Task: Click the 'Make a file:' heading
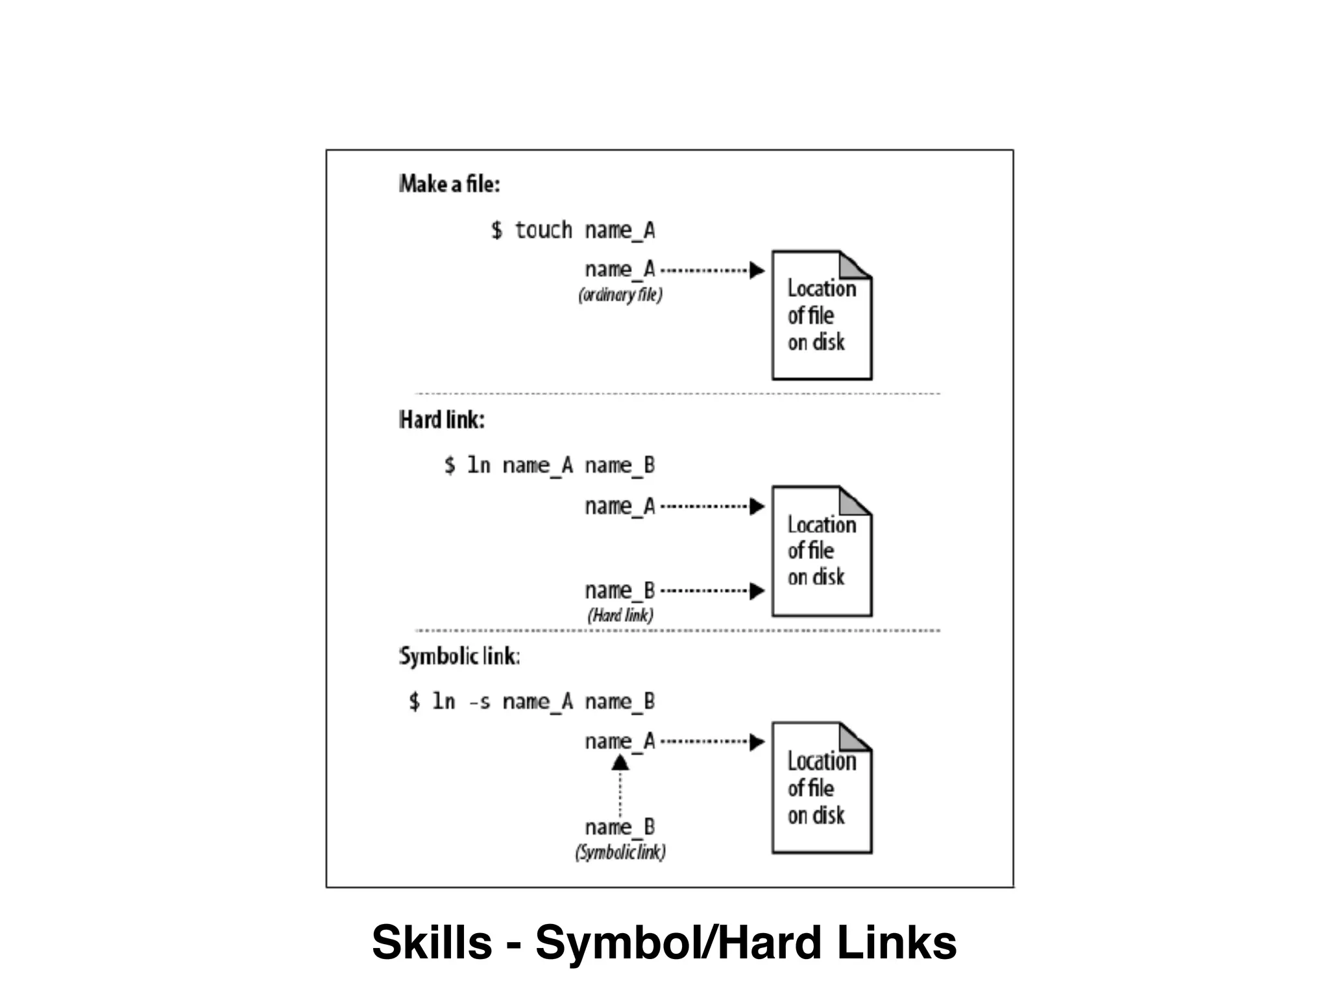coord(449,184)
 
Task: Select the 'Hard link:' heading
coord(441,420)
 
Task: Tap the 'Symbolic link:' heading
coord(459,656)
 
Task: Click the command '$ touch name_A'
coord(572,230)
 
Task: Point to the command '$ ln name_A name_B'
coord(549,466)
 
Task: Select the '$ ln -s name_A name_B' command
coord(531,702)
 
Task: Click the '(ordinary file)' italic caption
coord(620,295)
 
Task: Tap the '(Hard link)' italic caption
coord(620,615)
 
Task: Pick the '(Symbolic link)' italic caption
coord(620,852)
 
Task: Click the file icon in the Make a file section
coord(822,315)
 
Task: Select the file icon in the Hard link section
coord(822,551)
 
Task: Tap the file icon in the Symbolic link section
coord(822,788)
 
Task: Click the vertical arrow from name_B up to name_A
coord(620,788)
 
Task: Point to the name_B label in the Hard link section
coord(620,591)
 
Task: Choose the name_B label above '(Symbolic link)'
coord(620,827)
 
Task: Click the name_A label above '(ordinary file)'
coord(620,269)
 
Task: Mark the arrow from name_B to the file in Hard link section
coord(711,591)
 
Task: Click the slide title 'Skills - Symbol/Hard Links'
coord(664,942)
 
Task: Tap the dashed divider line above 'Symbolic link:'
coord(677,630)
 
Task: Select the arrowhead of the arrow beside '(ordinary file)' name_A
coord(757,270)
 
